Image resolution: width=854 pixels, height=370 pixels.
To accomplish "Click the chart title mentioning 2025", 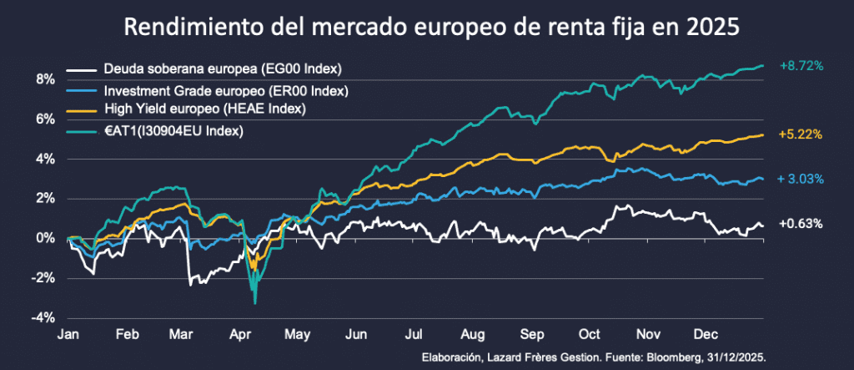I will (431, 28).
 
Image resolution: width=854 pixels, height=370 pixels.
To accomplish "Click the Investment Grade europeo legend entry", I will (225, 89).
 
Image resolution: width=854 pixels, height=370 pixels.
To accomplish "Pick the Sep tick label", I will (530, 334).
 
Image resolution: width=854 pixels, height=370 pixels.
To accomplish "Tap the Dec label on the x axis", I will (706, 334).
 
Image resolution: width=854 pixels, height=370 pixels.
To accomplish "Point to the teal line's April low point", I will (254, 302).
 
